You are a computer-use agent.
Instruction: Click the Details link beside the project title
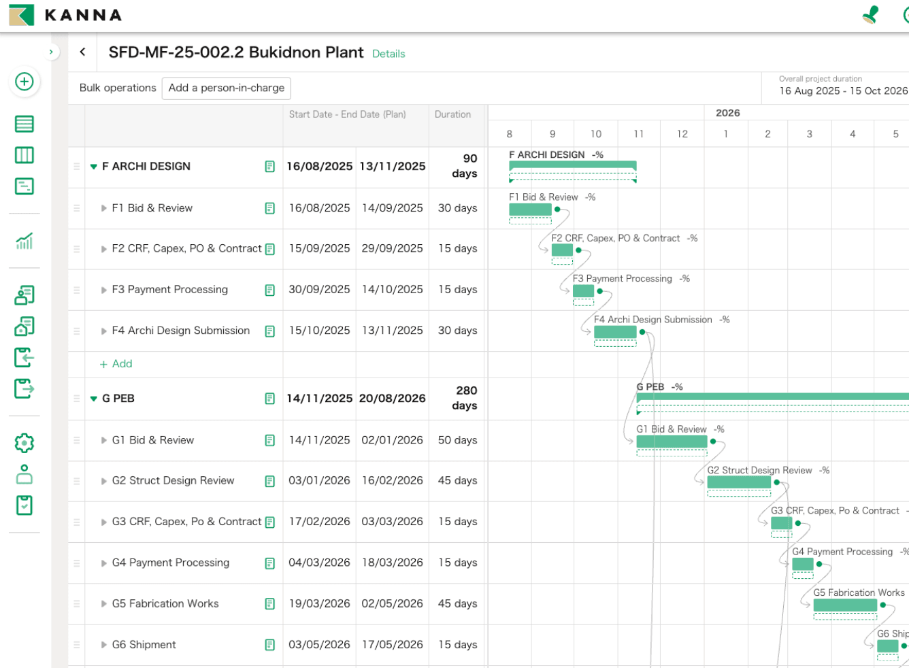pyautogui.click(x=389, y=54)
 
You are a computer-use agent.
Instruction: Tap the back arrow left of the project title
pyautogui.click(x=83, y=52)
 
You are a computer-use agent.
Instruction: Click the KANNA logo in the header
pyautogui.click(x=65, y=15)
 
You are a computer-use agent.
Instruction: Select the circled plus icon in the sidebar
pyautogui.click(x=24, y=82)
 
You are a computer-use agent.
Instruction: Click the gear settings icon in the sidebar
pyautogui.click(x=24, y=443)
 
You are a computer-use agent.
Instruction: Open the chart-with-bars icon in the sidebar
pyautogui.click(x=24, y=241)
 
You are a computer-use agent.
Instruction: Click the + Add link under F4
pyautogui.click(x=116, y=364)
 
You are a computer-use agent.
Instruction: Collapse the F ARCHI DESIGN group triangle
pyautogui.click(x=94, y=167)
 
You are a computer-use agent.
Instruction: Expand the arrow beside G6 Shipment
pyautogui.click(x=104, y=644)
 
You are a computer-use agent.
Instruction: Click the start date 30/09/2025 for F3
pyautogui.click(x=319, y=289)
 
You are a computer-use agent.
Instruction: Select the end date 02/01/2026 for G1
pyautogui.click(x=393, y=440)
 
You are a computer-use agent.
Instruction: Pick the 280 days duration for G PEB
pyautogui.click(x=465, y=398)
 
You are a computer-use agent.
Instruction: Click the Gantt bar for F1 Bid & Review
pyautogui.click(x=530, y=210)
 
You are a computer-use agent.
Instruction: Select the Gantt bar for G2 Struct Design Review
pyautogui.click(x=739, y=482)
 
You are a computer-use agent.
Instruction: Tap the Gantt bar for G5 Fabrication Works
pyautogui.click(x=845, y=605)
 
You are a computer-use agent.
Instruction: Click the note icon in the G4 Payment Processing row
pyautogui.click(x=270, y=563)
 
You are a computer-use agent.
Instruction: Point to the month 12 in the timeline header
pyautogui.click(x=682, y=134)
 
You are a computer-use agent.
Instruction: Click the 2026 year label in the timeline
pyautogui.click(x=727, y=113)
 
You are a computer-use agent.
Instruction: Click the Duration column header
pyautogui.click(x=453, y=114)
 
